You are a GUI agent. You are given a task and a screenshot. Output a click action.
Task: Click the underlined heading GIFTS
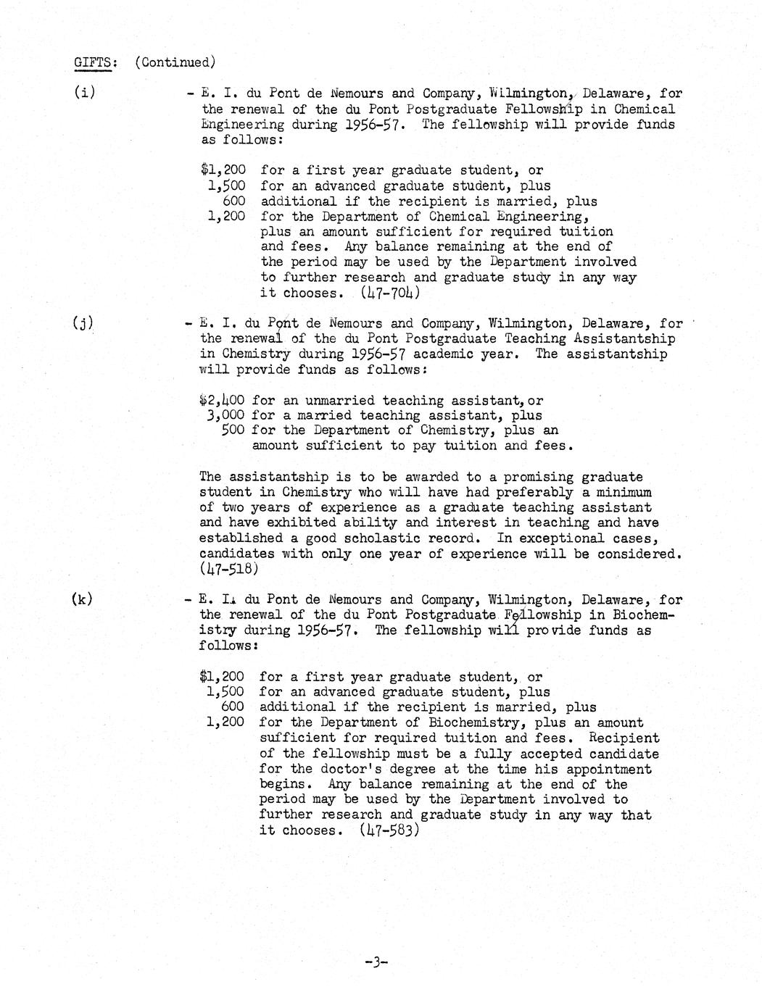pyautogui.click(x=94, y=62)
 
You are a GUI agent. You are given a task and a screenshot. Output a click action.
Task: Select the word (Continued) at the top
pyautogui.click(x=175, y=62)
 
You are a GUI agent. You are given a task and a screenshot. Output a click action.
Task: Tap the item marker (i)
pyautogui.click(x=85, y=93)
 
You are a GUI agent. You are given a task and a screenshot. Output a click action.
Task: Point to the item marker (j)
pyautogui.click(x=84, y=324)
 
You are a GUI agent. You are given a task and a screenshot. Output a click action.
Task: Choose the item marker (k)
pyautogui.click(x=83, y=599)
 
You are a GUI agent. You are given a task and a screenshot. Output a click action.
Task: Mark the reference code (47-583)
pyautogui.click(x=389, y=830)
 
